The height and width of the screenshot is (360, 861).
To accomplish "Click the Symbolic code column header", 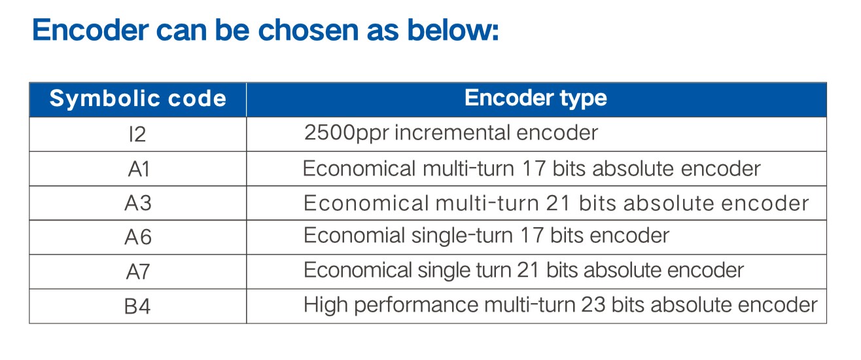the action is pos(137,98).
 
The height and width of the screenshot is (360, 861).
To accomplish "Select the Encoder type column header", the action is pos(536,98).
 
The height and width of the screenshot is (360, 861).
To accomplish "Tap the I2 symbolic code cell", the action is pos(137,135).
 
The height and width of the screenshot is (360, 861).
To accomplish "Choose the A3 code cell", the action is pos(138,203).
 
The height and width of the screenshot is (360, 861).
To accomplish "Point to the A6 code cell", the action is pos(138,237).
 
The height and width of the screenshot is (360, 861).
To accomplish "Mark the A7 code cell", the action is pos(137,272).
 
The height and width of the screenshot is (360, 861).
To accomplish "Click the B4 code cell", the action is pos(137,307).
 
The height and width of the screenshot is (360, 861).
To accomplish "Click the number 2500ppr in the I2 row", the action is pos(346,134).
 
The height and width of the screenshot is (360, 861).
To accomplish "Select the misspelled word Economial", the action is pos(354,236).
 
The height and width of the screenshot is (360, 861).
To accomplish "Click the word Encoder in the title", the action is pos(91,30).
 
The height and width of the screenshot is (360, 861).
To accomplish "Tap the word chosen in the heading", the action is pos(309,30).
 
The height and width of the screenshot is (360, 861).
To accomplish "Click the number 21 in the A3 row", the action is pos(557,203).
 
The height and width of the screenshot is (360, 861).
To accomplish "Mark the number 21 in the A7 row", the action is pos(528,270).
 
